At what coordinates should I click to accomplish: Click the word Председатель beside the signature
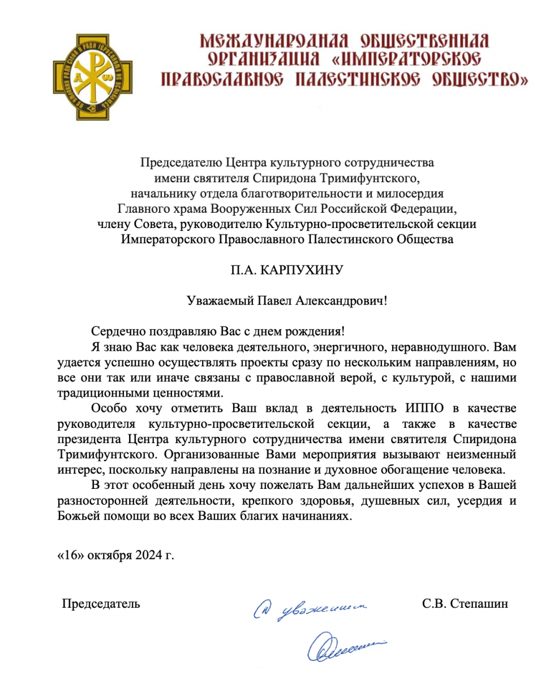101,603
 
